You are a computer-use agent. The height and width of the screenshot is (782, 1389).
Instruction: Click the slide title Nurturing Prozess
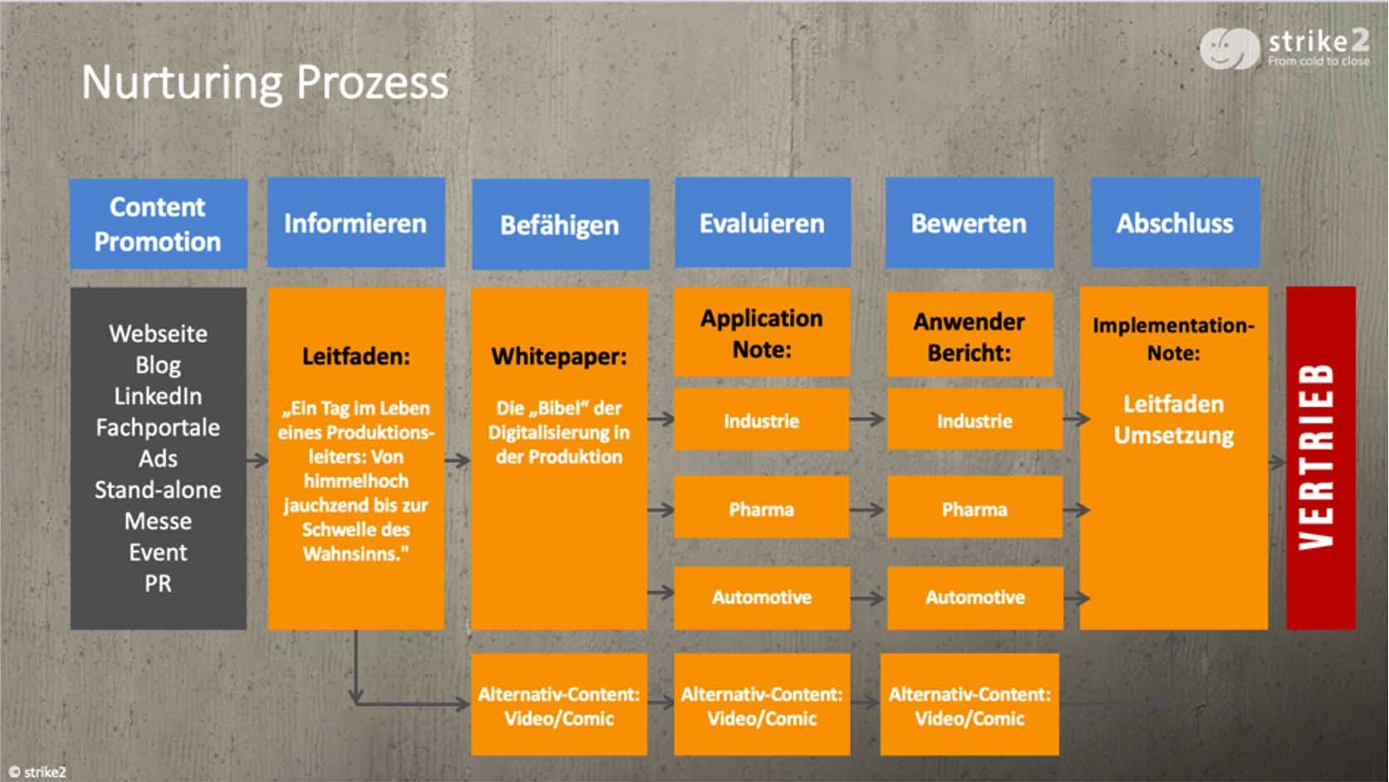pos(265,82)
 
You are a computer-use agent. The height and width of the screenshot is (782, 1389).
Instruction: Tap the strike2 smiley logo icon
pos(1229,48)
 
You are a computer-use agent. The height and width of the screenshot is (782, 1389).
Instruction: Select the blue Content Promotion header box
pos(158,224)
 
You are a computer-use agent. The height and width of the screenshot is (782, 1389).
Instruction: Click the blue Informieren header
pos(356,222)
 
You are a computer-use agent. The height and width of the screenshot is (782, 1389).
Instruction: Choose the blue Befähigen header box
pos(561,224)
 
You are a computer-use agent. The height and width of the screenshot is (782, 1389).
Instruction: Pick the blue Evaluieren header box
pos(763,222)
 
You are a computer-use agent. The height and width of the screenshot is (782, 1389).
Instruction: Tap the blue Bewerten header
pos(969,222)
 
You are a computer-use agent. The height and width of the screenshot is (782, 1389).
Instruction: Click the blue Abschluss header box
pos(1175,222)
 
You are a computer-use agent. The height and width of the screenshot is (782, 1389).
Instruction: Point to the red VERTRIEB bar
pos(1321,457)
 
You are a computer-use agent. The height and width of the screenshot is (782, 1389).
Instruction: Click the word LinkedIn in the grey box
pos(158,396)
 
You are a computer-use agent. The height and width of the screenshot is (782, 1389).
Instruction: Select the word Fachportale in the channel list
pos(158,428)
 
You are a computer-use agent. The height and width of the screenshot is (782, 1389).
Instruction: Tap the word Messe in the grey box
pos(158,521)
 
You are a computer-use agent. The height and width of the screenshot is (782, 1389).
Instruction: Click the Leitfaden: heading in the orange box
pos(356,357)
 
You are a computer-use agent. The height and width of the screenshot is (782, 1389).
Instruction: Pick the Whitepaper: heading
pos(559,357)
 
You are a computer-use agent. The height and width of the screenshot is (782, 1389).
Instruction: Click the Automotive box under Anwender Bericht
pos(975,598)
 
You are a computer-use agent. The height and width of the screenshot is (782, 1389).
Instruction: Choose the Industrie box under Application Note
pos(762,419)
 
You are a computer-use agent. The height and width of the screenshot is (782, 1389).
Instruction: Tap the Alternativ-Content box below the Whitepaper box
pos(559,705)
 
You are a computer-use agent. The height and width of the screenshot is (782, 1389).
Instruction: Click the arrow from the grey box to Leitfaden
pos(257,460)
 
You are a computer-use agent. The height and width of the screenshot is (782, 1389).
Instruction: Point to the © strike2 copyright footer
pos(37,771)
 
